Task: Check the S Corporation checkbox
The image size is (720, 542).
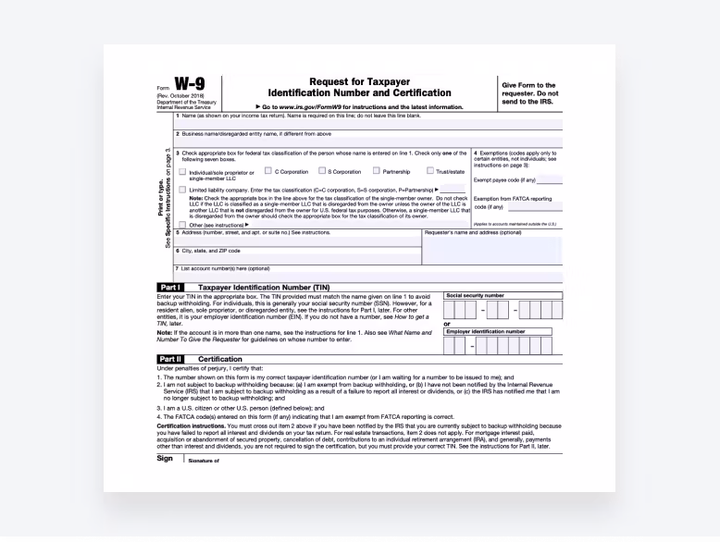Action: tap(322, 171)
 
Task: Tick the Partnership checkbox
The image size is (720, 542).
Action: tap(377, 171)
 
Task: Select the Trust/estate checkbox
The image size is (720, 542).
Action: tap(430, 171)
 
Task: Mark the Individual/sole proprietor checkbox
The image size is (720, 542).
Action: tap(183, 172)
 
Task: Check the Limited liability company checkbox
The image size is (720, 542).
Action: tap(183, 189)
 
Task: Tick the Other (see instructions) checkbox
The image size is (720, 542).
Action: tap(183, 224)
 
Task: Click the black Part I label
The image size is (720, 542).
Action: tap(170, 288)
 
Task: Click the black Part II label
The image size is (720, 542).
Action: tap(170, 359)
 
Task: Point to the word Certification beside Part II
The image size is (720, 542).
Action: tap(220, 359)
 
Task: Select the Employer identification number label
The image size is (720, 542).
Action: tap(485, 330)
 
